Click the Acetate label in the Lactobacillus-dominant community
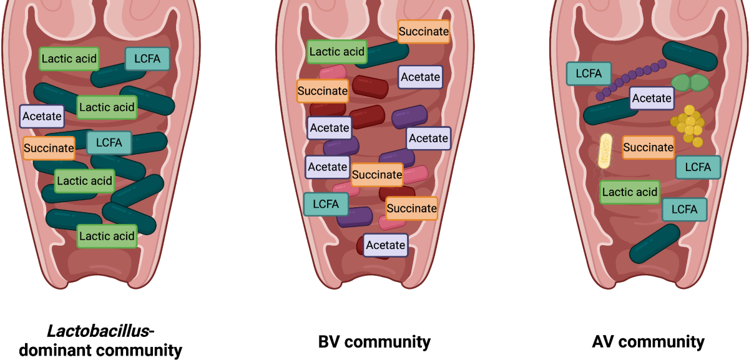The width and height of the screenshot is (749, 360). pos(42,116)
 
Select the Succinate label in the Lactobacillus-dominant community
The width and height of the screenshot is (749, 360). pos(49,148)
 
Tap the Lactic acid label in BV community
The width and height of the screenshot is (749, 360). pos(336,52)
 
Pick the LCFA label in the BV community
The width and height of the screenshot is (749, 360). pos(326,204)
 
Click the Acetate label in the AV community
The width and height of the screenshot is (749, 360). pos(652,99)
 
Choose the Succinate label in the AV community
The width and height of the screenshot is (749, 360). pos(648,147)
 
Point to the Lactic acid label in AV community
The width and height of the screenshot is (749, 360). pos(630,192)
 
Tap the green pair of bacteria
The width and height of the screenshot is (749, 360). pos(690,82)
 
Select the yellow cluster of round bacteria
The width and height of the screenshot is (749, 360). pos(688,126)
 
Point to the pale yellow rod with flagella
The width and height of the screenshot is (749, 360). pos(605,152)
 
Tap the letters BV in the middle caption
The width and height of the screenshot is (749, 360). pos(330,342)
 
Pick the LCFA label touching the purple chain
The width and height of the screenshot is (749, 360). pos(589,74)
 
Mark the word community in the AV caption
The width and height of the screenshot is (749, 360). pos(662,343)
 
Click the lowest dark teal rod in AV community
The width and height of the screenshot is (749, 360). pos(655,244)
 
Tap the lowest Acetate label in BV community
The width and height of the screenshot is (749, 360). pos(386,245)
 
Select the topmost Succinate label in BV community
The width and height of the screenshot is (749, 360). pos(424,32)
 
